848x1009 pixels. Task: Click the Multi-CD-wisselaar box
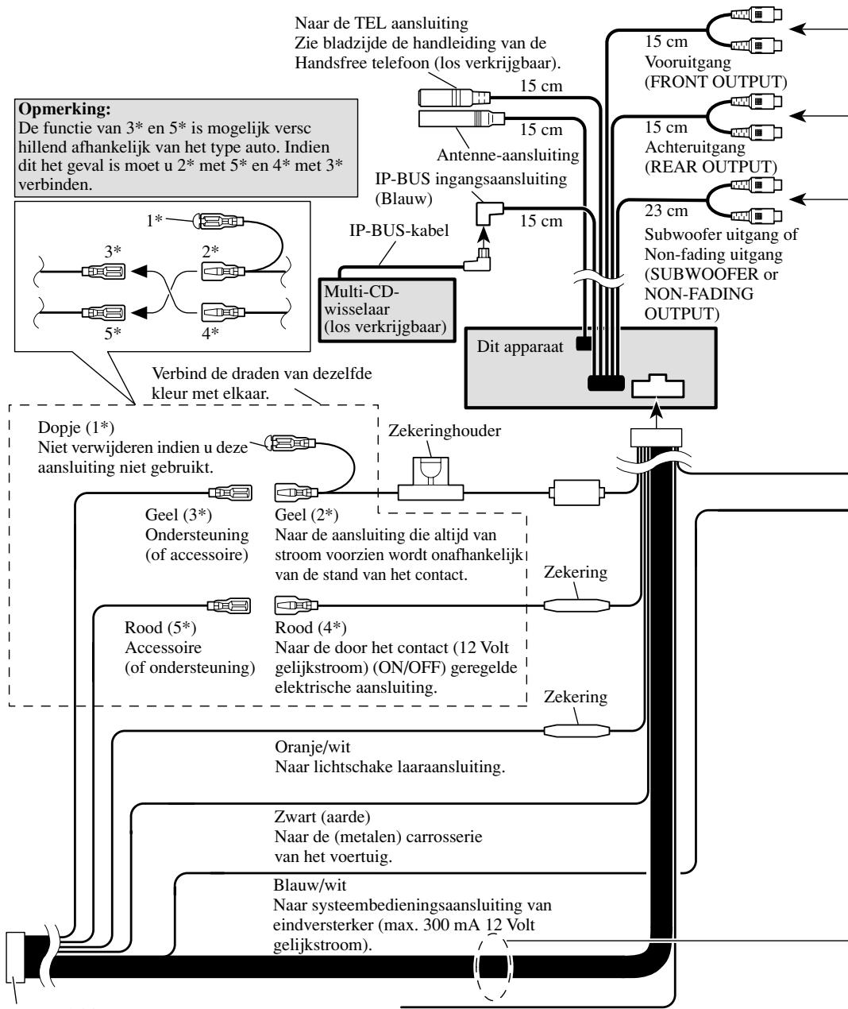click(x=387, y=310)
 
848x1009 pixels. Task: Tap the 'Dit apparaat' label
click(x=519, y=347)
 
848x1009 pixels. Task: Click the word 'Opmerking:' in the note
click(x=64, y=109)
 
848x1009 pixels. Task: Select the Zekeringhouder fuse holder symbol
click(x=430, y=478)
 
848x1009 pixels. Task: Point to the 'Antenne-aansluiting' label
click(x=507, y=155)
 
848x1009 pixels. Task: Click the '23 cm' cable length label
click(x=666, y=211)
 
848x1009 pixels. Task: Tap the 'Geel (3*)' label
click(x=178, y=515)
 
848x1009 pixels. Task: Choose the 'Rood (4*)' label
click(x=310, y=627)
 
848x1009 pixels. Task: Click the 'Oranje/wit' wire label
click(x=313, y=747)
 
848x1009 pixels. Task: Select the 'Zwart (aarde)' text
click(x=322, y=816)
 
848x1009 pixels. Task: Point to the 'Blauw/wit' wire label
click(x=310, y=885)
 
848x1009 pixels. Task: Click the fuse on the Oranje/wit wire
click(x=576, y=730)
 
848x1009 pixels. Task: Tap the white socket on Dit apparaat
click(x=657, y=386)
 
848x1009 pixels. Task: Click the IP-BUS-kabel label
click(x=399, y=230)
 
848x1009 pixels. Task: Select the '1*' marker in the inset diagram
click(x=154, y=220)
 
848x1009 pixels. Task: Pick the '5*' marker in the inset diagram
click(x=113, y=333)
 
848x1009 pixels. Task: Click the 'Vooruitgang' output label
click(x=688, y=62)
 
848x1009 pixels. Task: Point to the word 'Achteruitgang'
click(x=695, y=146)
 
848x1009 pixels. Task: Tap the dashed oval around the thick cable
click(x=493, y=967)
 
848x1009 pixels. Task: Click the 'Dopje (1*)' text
click(x=75, y=427)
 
